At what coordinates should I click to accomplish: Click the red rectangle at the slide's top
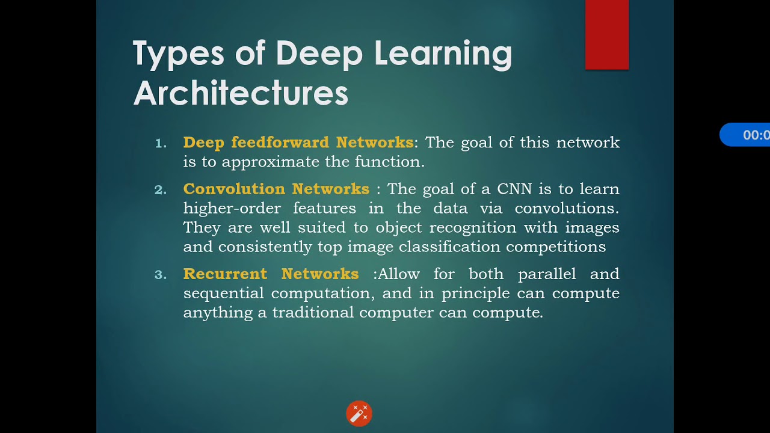tap(607, 34)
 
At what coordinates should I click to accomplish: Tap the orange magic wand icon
tap(359, 414)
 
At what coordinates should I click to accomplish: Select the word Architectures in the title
tap(241, 93)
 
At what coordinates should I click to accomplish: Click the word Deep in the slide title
tap(319, 54)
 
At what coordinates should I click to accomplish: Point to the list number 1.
tap(161, 143)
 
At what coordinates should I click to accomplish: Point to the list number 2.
tap(161, 189)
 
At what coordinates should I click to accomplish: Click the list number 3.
tap(161, 274)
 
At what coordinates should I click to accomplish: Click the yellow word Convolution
tap(234, 189)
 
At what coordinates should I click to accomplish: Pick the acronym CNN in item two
tap(515, 189)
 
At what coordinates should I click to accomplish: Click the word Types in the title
tap(178, 54)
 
